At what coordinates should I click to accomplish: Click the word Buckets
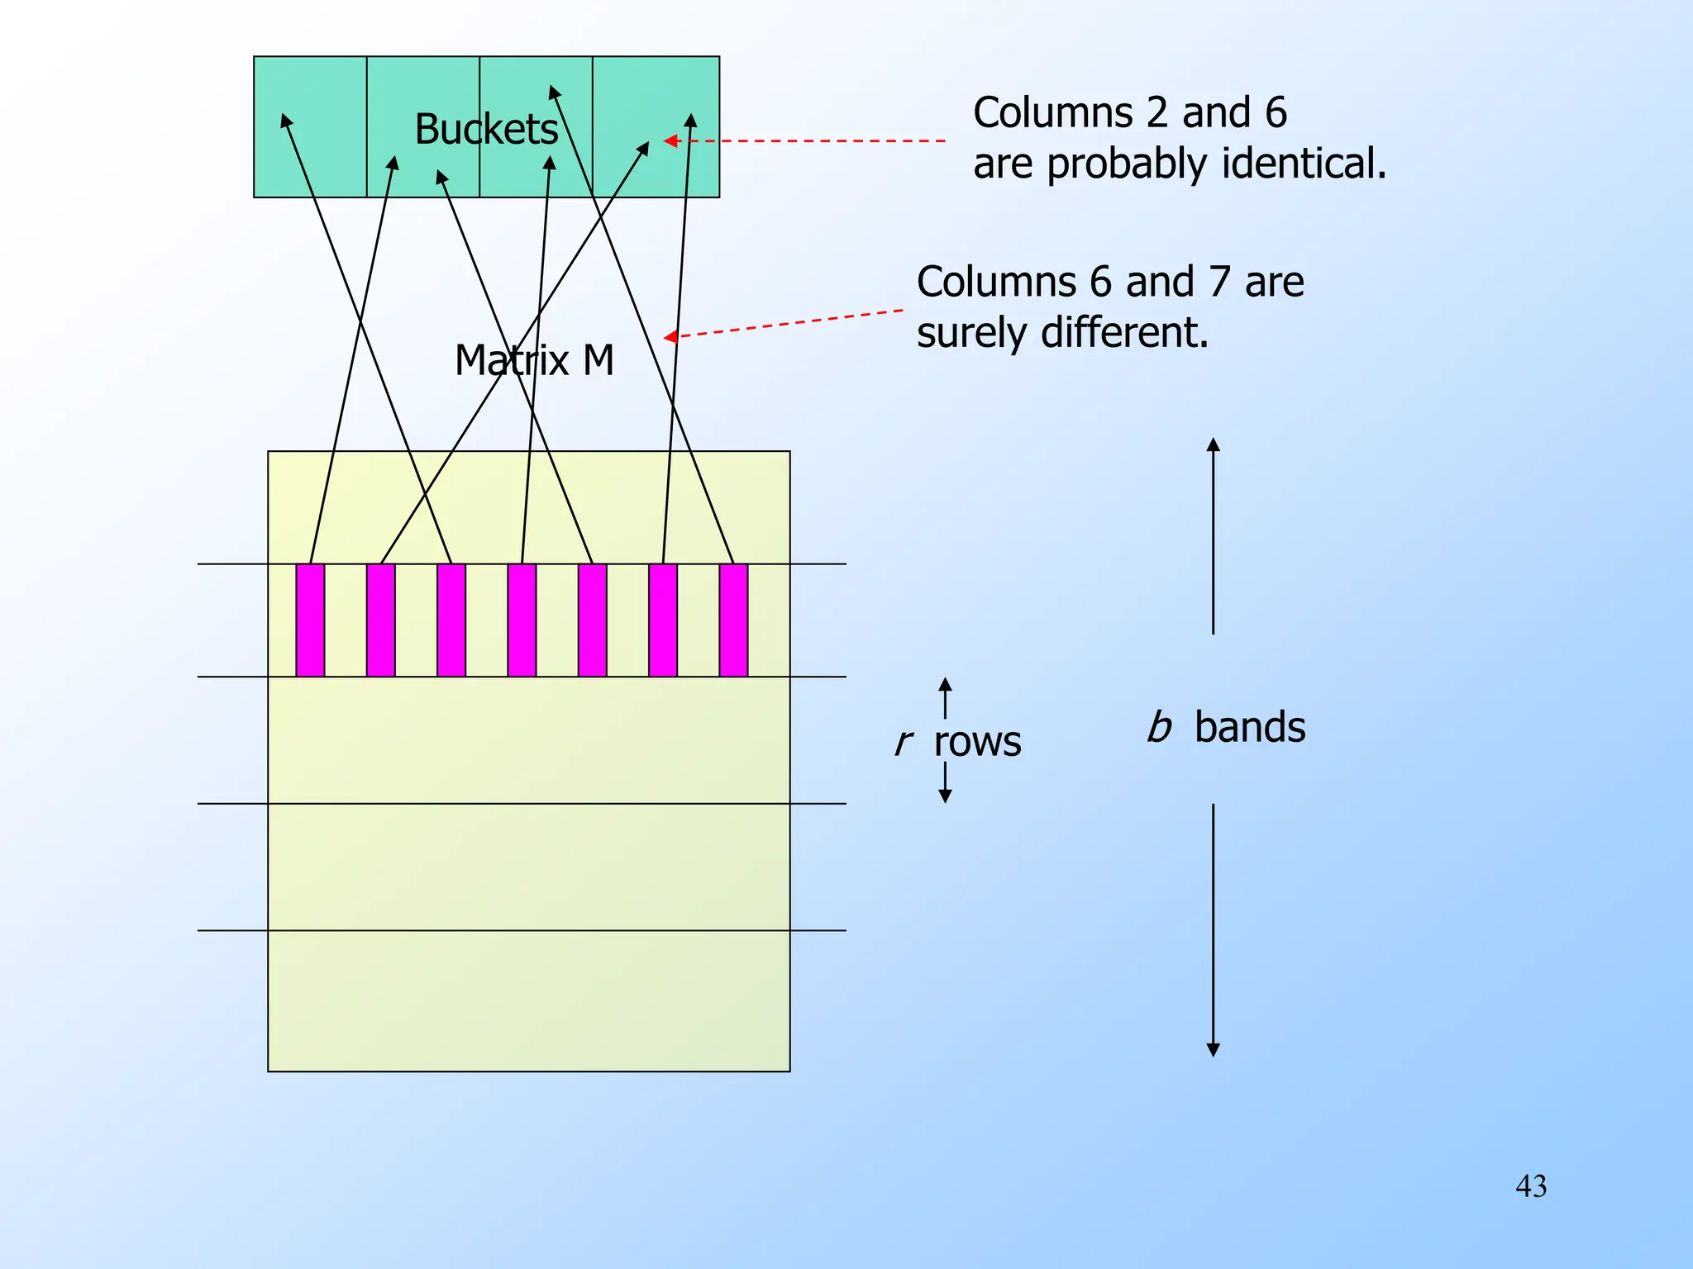(x=486, y=130)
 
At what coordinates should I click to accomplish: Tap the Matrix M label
(x=534, y=361)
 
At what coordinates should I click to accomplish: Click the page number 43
(x=1531, y=1186)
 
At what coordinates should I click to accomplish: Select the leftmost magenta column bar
(x=310, y=620)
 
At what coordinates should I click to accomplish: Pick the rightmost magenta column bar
(x=733, y=620)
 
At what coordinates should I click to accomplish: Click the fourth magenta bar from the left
(x=522, y=620)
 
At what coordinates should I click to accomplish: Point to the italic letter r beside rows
(x=903, y=742)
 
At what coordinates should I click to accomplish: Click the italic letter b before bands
(x=1159, y=727)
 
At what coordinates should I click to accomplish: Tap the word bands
(x=1250, y=728)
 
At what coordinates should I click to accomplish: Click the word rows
(x=977, y=742)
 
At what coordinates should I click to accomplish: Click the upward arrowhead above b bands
(x=1213, y=444)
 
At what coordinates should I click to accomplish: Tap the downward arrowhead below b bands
(x=1213, y=1050)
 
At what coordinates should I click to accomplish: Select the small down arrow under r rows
(x=945, y=796)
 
